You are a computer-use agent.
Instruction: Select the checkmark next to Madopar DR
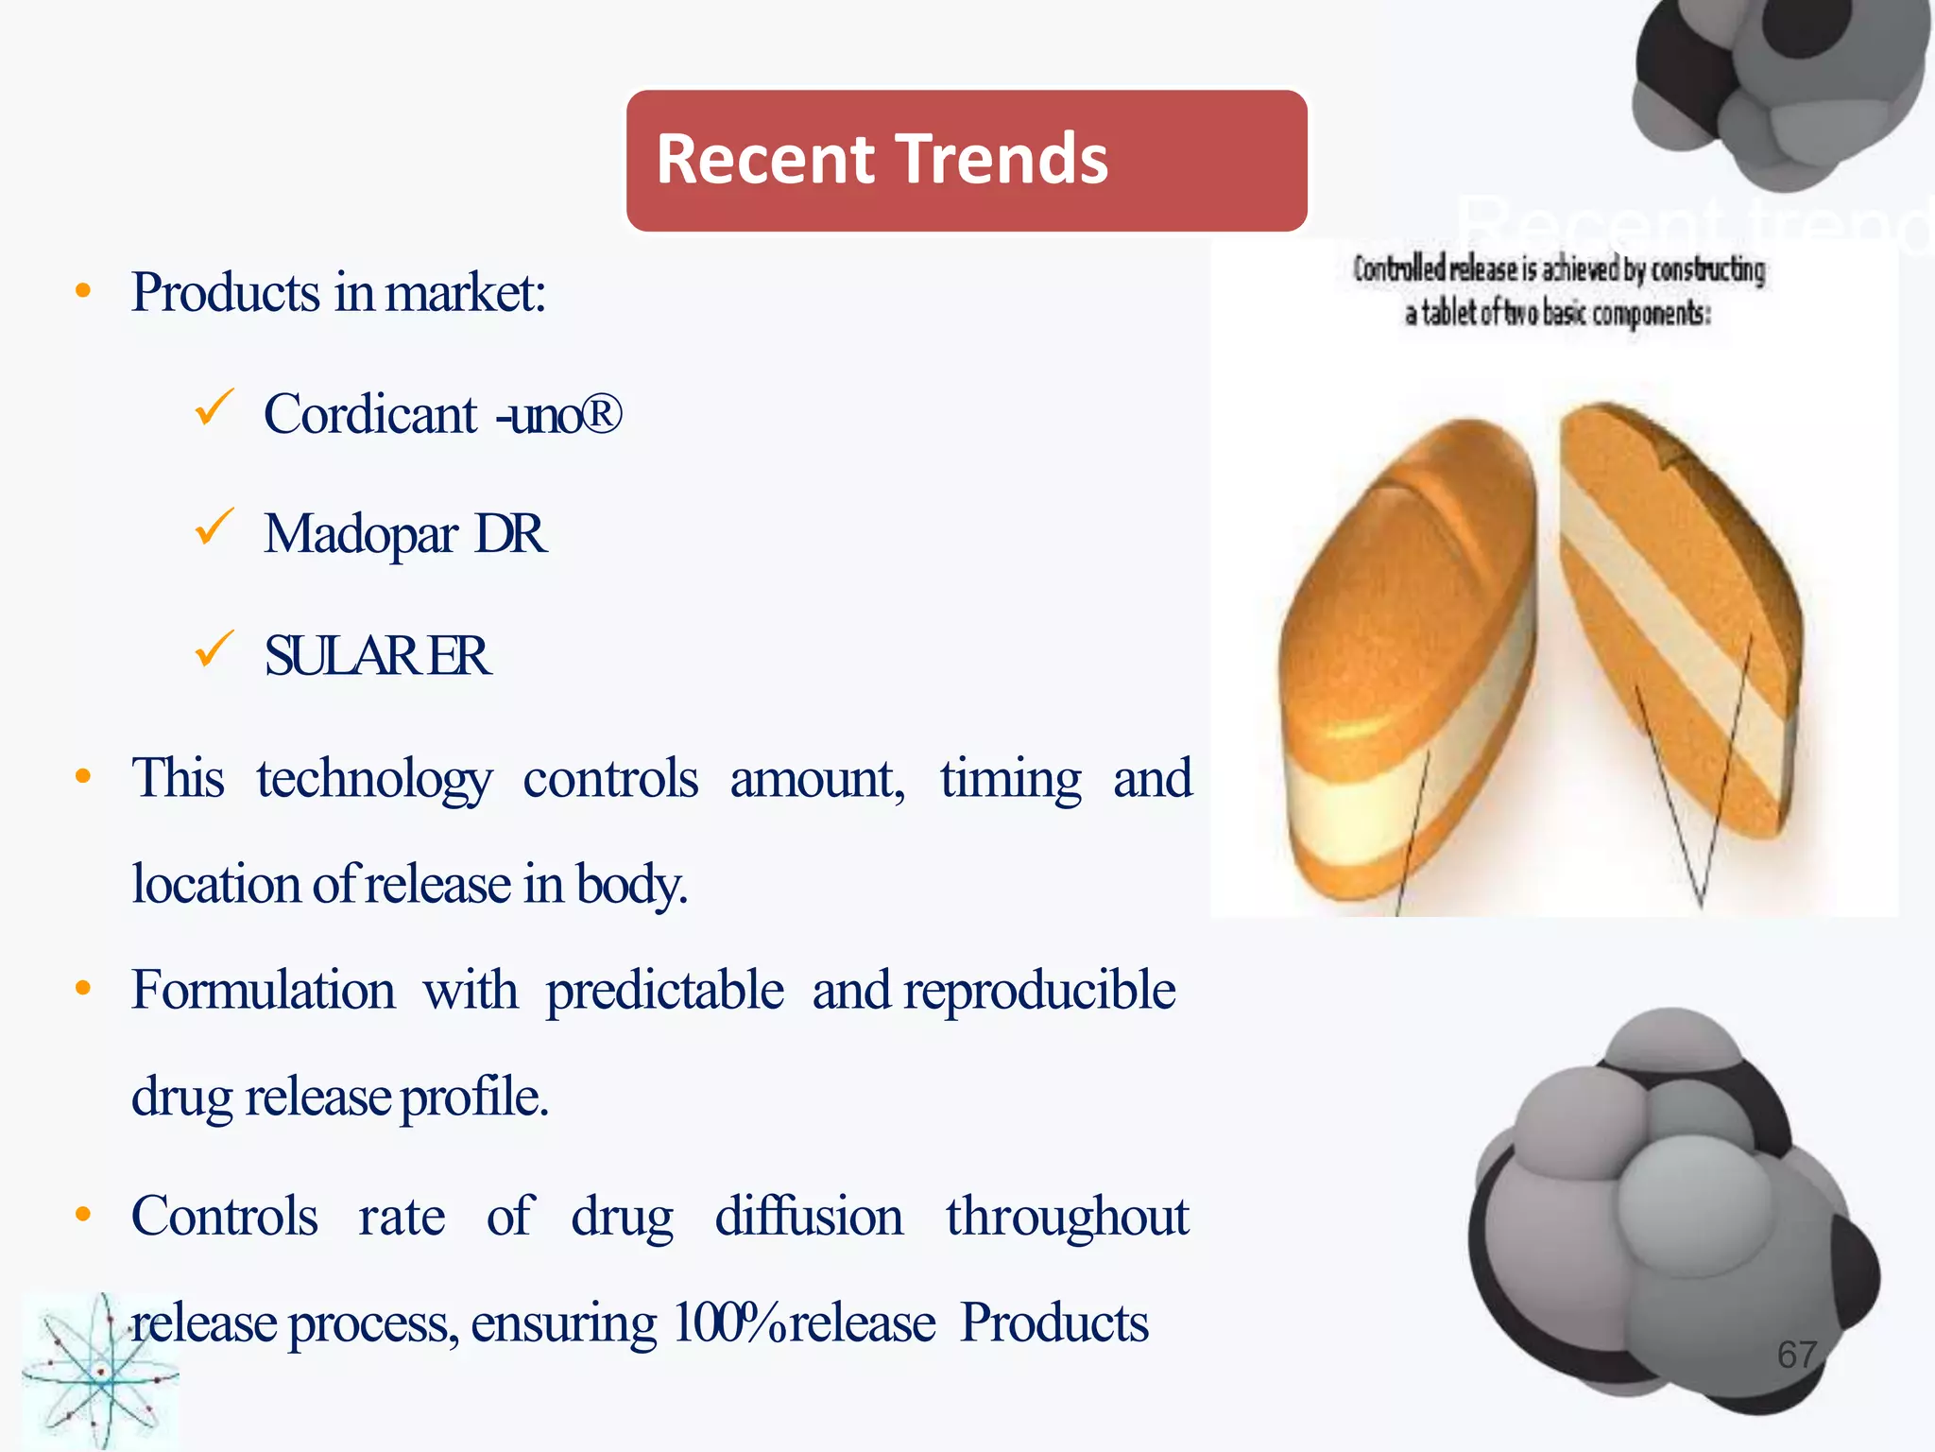tap(214, 527)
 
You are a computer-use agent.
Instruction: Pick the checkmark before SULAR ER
tap(214, 649)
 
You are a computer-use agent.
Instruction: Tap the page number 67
tap(1797, 1355)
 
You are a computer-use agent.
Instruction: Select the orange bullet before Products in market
tap(83, 291)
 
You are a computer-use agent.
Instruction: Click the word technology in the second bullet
tap(373, 779)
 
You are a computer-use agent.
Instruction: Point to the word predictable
tap(664, 991)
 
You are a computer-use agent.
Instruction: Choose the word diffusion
tap(809, 1216)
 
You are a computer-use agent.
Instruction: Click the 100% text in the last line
tap(728, 1322)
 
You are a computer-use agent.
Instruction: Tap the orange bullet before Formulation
tap(83, 989)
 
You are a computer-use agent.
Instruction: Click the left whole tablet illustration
tap(1408, 662)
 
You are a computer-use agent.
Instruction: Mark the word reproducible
tap(1039, 991)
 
